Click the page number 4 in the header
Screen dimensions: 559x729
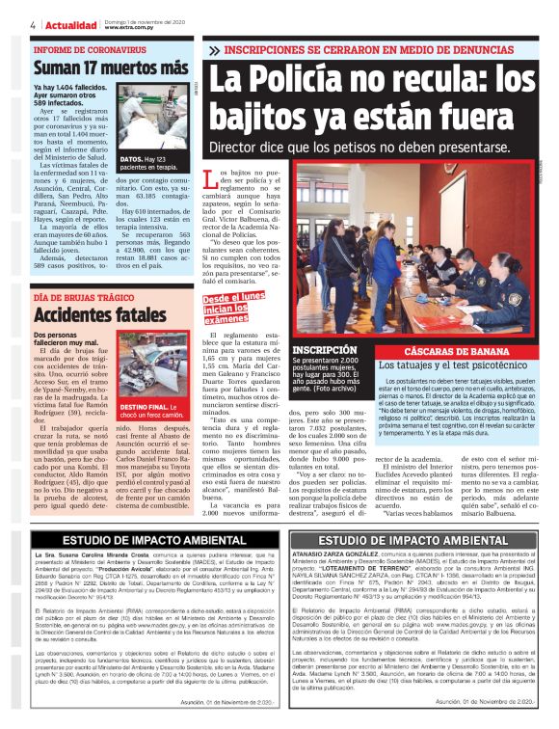pos(34,24)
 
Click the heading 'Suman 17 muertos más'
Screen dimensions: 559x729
pos(111,69)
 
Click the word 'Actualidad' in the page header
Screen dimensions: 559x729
pos(71,24)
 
